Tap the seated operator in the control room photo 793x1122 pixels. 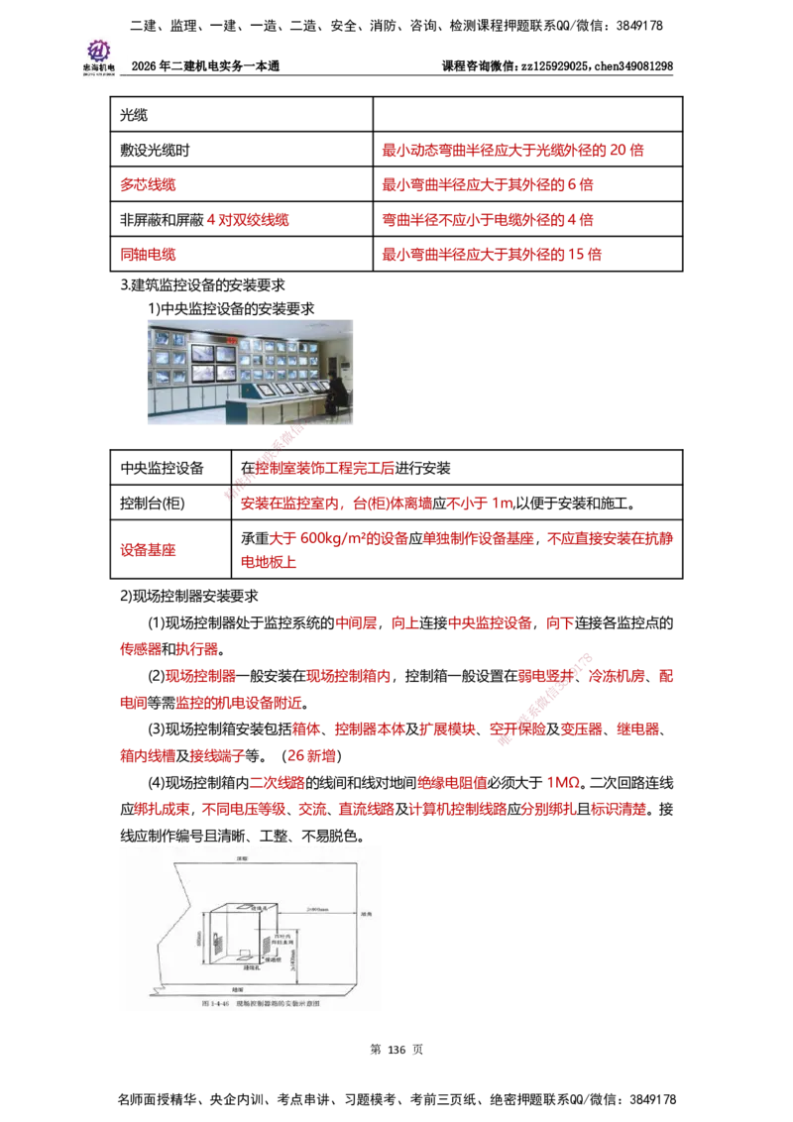click(x=336, y=393)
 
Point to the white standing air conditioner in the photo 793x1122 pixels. click(x=346, y=372)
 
